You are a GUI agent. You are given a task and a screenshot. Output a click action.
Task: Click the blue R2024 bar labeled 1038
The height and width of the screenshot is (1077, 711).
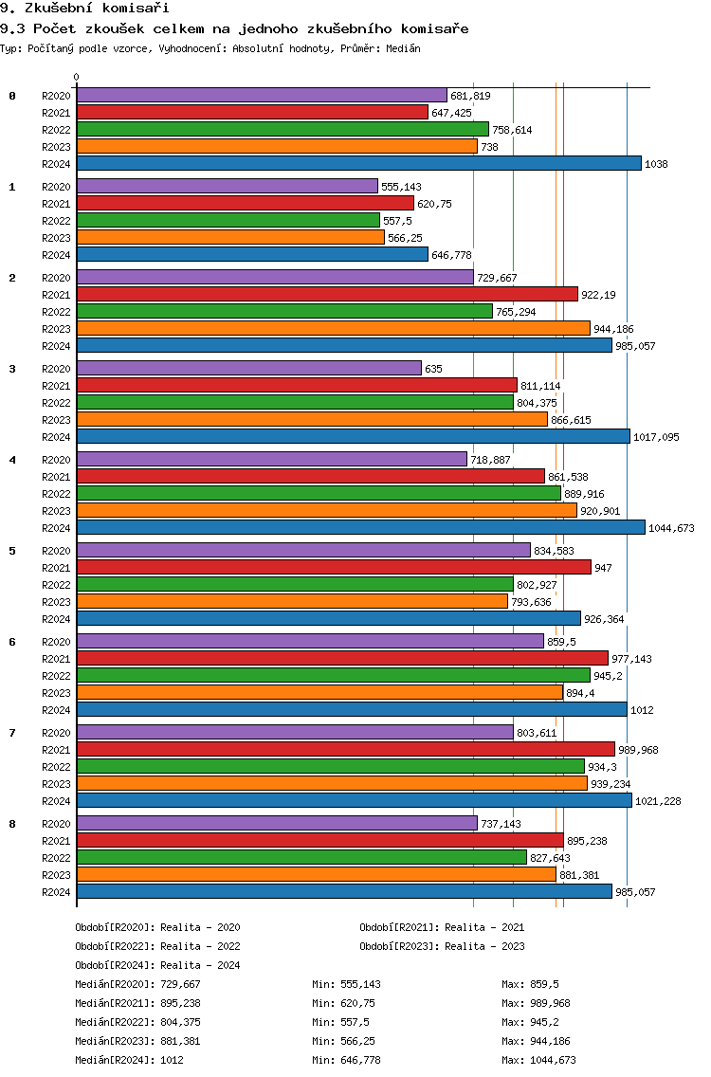tap(359, 163)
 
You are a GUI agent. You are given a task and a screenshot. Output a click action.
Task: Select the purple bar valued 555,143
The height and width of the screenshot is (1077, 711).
tap(228, 186)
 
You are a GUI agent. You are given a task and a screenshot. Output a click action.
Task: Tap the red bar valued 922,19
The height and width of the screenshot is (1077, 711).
tap(328, 295)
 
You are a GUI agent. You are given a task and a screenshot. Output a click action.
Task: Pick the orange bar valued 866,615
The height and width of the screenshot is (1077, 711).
tap(313, 420)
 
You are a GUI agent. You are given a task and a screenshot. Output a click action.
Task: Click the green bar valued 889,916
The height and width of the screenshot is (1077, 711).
tap(319, 494)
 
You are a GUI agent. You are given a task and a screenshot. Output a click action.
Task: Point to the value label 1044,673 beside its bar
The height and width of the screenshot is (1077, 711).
tap(671, 528)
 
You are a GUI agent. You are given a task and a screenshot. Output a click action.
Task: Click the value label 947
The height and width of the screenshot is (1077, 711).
tap(603, 568)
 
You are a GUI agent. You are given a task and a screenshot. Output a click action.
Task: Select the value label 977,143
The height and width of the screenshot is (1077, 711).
tap(632, 659)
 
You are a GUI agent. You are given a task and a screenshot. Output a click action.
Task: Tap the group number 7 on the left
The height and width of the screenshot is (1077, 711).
tap(12, 733)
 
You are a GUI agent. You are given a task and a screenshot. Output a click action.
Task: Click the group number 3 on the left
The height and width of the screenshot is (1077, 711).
tap(12, 369)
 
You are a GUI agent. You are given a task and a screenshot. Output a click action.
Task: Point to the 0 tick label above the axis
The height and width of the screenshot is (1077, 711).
tap(76, 77)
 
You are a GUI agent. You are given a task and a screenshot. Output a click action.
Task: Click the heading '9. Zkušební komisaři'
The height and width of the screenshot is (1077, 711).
tap(84, 9)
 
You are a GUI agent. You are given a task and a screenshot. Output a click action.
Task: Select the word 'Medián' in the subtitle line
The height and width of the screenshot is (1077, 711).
tap(403, 48)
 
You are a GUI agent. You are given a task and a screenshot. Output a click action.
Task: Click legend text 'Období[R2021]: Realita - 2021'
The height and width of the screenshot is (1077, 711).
tap(442, 927)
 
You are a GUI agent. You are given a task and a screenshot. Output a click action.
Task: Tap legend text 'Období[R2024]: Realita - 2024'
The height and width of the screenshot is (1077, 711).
tap(157, 965)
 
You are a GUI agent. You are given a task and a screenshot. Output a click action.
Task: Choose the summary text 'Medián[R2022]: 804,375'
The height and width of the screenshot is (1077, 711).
tap(137, 1022)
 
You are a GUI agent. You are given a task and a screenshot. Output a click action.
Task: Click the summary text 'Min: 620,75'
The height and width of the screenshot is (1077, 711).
tap(343, 1003)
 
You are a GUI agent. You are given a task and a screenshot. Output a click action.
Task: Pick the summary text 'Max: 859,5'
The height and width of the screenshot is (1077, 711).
tap(530, 984)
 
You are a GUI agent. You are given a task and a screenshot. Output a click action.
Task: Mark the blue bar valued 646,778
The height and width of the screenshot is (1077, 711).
tap(253, 255)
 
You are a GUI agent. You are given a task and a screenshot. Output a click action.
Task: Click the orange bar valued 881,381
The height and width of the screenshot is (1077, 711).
tap(317, 874)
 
